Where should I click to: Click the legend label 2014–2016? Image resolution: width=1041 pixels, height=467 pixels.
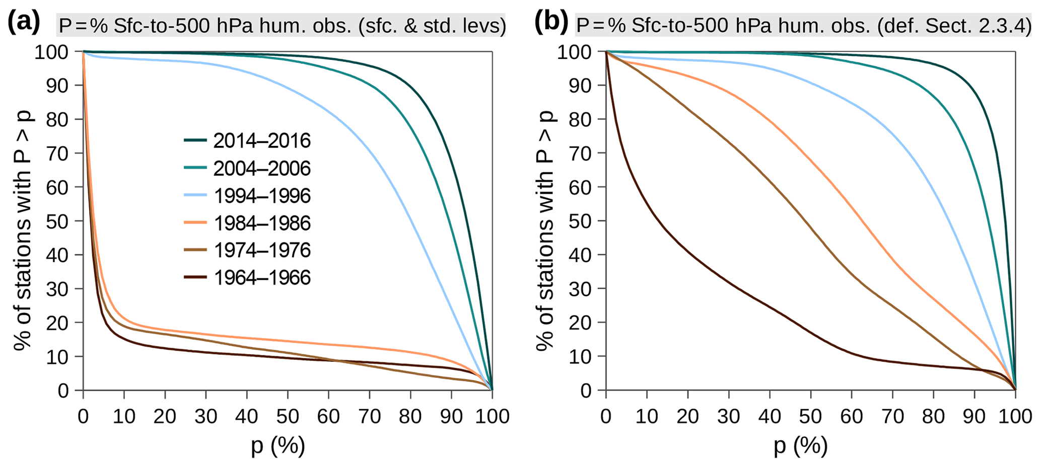click(x=262, y=141)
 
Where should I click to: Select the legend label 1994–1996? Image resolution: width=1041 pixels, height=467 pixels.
click(x=262, y=196)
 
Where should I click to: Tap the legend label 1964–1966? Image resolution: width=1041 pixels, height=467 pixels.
click(x=262, y=278)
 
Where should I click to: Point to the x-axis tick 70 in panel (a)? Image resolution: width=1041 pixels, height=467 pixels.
click(x=369, y=416)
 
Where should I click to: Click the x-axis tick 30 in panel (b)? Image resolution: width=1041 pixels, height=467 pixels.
click(x=728, y=416)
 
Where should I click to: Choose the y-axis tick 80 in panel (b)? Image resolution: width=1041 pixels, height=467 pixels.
click(x=580, y=119)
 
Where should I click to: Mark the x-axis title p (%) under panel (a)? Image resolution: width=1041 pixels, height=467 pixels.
click(x=278, y=446)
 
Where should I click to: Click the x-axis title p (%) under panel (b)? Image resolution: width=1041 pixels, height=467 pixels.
click(x=801, y=446)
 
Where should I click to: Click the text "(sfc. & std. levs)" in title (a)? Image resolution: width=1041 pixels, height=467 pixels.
click(x=432, y=26)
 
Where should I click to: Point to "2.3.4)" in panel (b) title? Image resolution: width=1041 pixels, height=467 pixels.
click(x=1005, y=26)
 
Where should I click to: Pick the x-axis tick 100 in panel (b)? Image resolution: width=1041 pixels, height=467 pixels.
click(x=1015, y=416)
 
